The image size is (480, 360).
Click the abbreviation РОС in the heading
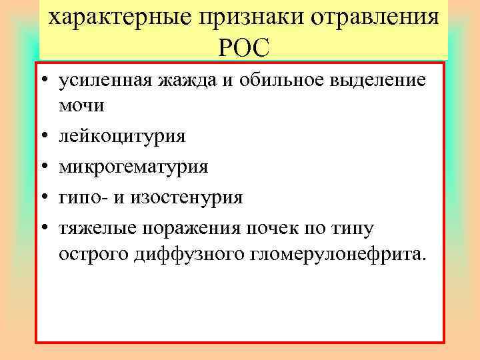tap(243, 47)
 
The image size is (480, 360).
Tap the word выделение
tap(379, 81)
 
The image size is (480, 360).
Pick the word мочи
tap(82, 106)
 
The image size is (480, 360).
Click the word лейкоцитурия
tap(122, 137)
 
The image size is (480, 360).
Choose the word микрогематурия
tap(133, 167)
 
